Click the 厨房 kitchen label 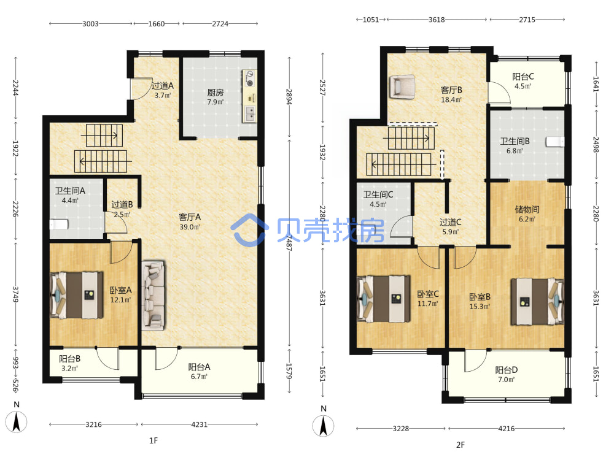coord(216,93)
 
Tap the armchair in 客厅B coord(402,86)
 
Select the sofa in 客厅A coord(153,296)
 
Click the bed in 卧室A coord(76,296)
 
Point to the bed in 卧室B coord(537,301)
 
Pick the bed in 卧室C coord(384,299)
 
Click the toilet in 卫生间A coord(59,224)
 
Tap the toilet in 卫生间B coord(555,142)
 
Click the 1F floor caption coord(153,440)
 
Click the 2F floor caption coord(460,445)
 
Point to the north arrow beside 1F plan coord(16,422)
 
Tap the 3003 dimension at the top coord(90,24)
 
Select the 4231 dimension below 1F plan coord(199,424)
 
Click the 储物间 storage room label coord(527,210)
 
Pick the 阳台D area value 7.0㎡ coord(506,380)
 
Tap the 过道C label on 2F coord(450,222)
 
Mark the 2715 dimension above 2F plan coord(527,20)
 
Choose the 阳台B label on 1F coord(70,359)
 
